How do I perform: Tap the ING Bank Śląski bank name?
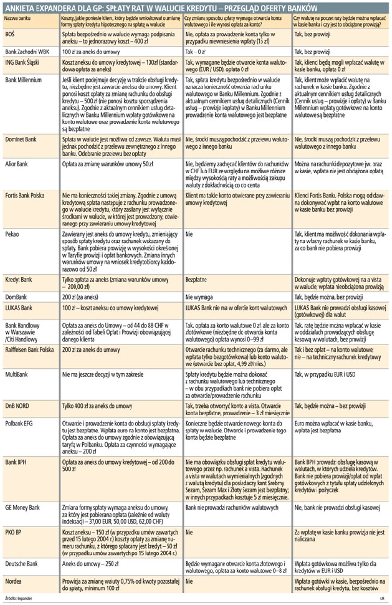tap(24, 63)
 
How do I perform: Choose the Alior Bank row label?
tap(17, 164)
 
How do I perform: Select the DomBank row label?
tap(16, 295)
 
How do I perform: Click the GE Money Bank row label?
tap(22, 508)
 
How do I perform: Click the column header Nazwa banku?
tap(18, 17)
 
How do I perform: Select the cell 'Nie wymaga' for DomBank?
tap(200, 295)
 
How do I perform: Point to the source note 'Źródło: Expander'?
tap(19, 598)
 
